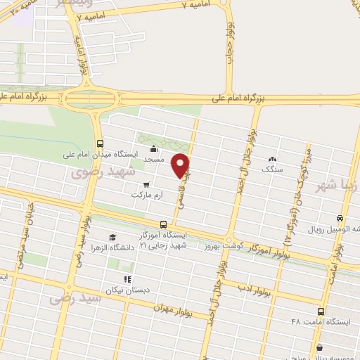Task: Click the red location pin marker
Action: pyautogui.click(x=181, y=165)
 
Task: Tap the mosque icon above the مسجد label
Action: pyautogui.click(x=154, y=148)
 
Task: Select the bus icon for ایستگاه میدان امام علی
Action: pyautogui.click(x=99, y=140)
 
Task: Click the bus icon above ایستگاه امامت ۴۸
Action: pyautogui.click(x=321, y=311)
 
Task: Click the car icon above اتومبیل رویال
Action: pyautogui.click(x=340, y=218)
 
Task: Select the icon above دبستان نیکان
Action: pyautogui.click(x=127, y=278)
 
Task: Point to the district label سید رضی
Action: pyautogui.click(x=76, y=298)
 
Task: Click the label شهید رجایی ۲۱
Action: pyautogui.click(x=164, y=245)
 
